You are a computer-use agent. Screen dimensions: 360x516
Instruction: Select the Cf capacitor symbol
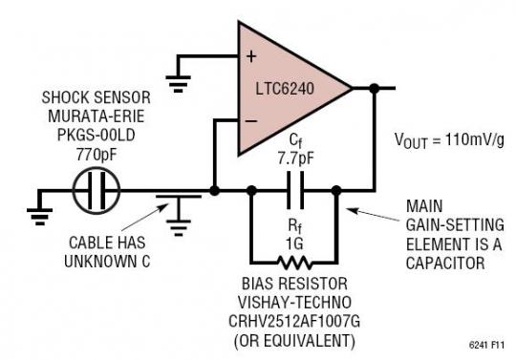(294, 190)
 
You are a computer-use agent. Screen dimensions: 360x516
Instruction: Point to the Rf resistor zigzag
(293, 257)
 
